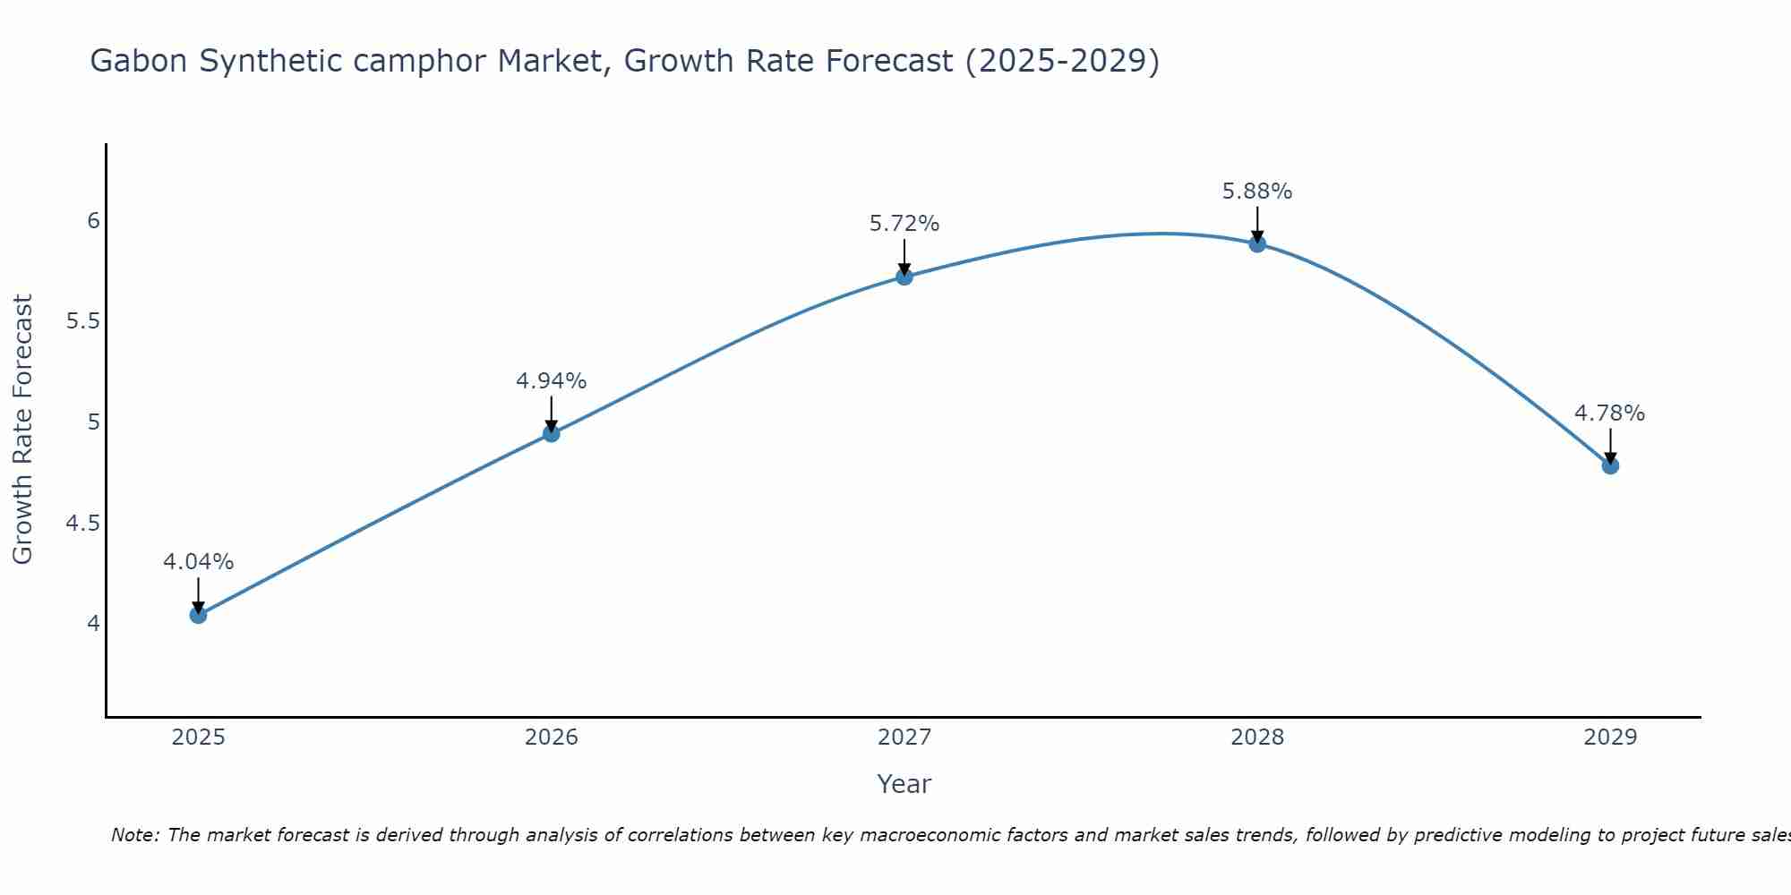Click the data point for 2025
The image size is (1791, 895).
click(x=198, y=615)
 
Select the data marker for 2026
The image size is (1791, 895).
click(x=552, y=434)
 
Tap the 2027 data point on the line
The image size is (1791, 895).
click(x=904, y=277)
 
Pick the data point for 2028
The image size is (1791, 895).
click(x=1257, y=244)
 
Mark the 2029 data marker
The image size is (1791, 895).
click(x=1610, y=465)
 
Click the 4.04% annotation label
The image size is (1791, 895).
click(x=198, y=562)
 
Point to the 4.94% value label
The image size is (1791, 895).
click(x=552, y=381)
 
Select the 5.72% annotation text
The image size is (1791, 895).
click(x=904, y=224)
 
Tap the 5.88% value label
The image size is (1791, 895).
click(x=1257, y=192)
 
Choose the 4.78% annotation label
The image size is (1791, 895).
click(x=1610, y=413)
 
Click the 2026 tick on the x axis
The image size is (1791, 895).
click(x=552, y=737)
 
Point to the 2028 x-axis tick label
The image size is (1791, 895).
click(x=1257, y=737)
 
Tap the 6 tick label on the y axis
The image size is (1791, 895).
click(x=93, y=220)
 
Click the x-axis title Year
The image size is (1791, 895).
click(x=904, y=784)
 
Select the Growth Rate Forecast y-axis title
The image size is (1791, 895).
click(x=23, y=430)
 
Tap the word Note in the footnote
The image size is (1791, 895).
click(x=134, y=835)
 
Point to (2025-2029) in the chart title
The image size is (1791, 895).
click(x=1062, y=61)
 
